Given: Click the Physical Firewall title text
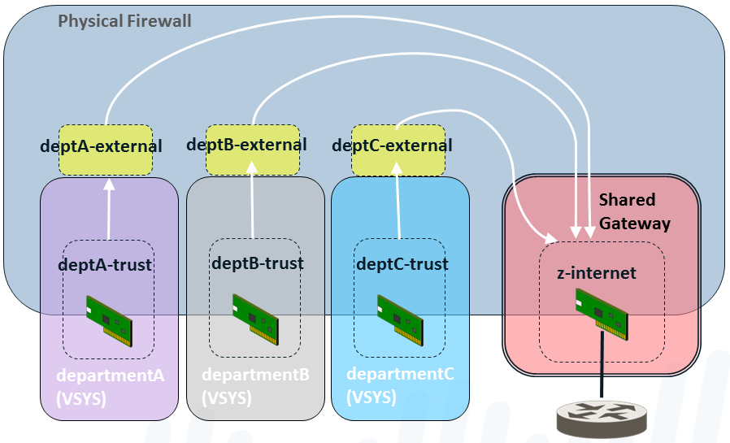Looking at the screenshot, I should (x=124, y=20).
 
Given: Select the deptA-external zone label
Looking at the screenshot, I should (x=101, y=147).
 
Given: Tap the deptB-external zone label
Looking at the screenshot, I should (x=246, y=145).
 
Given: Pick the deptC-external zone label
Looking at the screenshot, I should (x=392, y=146).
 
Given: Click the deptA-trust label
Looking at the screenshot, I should (x=105, y=265).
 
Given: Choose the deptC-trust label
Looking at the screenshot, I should (x=402, y=264).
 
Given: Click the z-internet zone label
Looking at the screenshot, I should (x=597, y=273).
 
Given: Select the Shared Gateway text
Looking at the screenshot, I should (x=634, y=211).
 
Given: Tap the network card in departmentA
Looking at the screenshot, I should (x=109, y=317).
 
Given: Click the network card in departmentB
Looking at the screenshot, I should (x=255, y=315).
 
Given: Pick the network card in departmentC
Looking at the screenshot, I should (x=400, y=316).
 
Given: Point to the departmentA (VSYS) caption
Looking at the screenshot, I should (x=110, y=386).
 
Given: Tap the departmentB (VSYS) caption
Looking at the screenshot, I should (x=255, y=386).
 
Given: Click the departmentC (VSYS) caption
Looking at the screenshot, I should (x=400, y=385).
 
